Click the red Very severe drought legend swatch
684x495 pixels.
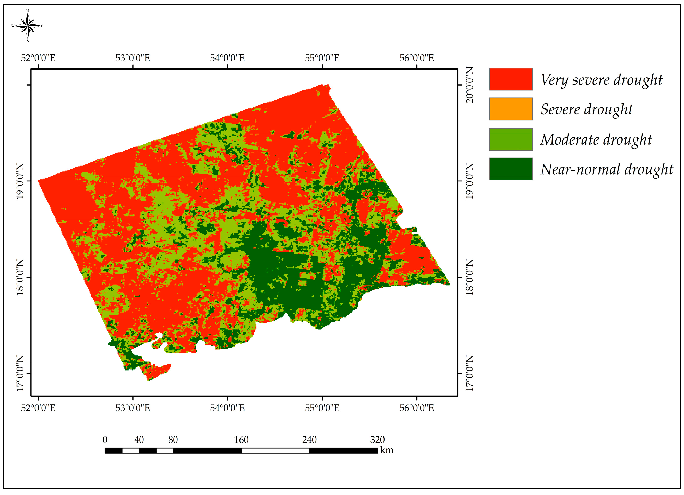[511, 79]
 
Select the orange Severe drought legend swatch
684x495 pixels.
[511, 109]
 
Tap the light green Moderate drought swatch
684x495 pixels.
[511, 139]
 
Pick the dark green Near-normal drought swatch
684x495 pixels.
[511, 169]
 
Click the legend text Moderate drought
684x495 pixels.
[596, 140]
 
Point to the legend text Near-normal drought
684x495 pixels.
[606, 169]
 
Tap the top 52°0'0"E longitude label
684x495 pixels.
[38, 58]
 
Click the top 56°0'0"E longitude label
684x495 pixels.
[416, 58]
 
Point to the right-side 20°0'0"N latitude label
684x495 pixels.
[470, 85]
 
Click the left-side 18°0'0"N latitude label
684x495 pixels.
[20, 277]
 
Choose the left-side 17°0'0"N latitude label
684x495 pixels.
[20, 373]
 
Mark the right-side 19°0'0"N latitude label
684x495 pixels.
[470, 181]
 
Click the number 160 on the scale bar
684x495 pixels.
[241, 440]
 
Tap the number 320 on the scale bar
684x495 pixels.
[377, 440]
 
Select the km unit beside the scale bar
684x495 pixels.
[387, 450]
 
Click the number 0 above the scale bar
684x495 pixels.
[105, 440]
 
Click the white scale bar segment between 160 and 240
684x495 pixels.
[275, 451]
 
